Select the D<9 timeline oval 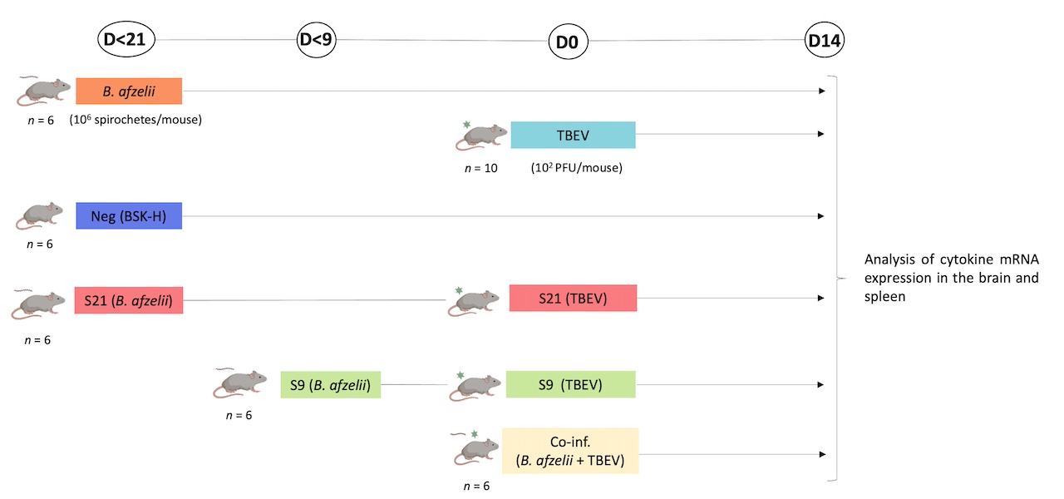[x=317, y=39]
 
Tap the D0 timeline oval [x=567, y=41]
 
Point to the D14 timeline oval [x=825, y=40]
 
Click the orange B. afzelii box [x=129, y=91]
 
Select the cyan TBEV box [x=573, y=135]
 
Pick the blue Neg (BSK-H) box [x=129, y=215]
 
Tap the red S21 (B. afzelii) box [x=128, y=299]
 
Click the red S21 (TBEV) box [x=573, y=298]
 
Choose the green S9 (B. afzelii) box [x=330, y=384]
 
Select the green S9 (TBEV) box [x=570, y=384]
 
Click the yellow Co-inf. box [x=570, y=451]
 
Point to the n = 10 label [x=481, y=167]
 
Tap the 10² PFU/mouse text [x=577, y=167]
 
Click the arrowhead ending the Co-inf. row [x=821, y=454]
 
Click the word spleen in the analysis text [x=884, y=295]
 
